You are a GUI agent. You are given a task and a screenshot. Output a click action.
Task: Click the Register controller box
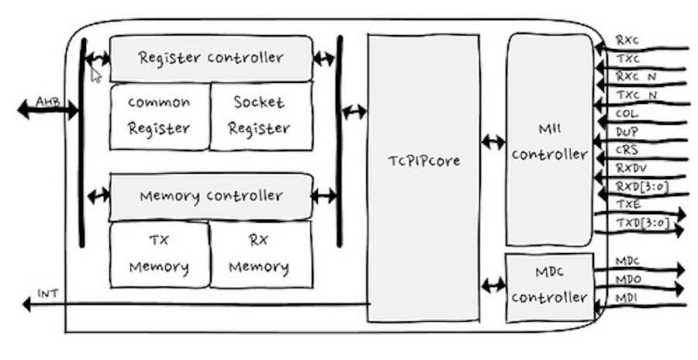[x=211, y=57]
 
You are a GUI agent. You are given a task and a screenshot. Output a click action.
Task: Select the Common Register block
[x=159, y=116]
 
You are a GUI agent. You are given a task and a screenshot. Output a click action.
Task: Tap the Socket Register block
[x=261, y=116]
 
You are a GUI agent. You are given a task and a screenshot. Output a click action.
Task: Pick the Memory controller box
[x=211, y=196]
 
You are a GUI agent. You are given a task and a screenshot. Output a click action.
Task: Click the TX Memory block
[x=159, y=254]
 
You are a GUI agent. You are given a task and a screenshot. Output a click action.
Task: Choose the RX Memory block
[x=260, y=254]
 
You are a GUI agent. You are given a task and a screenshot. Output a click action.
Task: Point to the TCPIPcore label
[x=423, y=161]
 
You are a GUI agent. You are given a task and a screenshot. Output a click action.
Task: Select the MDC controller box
[x=549, y=287]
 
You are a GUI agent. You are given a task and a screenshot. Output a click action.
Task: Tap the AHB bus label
[x=47, y=101]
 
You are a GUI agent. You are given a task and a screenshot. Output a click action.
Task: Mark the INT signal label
[x=47, y=294]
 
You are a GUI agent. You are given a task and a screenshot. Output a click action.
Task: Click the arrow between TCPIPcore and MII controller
[x=492, y=141]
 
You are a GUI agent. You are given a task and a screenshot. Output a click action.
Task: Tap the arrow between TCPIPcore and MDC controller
[x=492, y=285]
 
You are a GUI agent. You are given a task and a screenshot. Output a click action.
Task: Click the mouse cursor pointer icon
[x=95, y=74]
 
